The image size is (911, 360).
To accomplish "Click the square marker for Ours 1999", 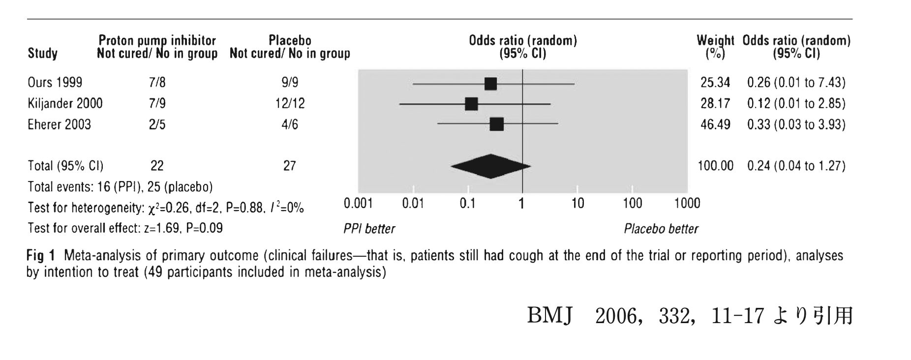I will (490, 84).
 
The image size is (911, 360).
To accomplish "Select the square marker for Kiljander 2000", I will (471, 104).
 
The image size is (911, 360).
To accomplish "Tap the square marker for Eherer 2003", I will (496, 124).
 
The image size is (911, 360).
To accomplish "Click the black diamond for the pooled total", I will (490, 166).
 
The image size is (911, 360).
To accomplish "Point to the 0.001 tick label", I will (358, 203).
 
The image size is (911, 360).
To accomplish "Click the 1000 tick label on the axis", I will (687, 203).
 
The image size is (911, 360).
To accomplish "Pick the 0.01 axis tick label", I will (413, 203).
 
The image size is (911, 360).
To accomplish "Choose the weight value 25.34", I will (715, 83).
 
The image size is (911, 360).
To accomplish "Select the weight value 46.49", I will (715, 124).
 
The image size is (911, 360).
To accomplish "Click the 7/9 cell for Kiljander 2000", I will (157, 103).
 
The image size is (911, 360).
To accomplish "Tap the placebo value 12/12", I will (290, 103).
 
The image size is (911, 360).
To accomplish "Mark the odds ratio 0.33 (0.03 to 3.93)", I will (796, 124).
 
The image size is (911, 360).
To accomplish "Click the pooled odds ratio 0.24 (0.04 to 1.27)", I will (796, 166).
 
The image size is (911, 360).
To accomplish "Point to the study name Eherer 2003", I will (59, 124).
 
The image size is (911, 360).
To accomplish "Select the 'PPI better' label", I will (369, 229).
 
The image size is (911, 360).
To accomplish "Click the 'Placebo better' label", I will (661, 229).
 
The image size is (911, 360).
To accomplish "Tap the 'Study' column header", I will (42, 53).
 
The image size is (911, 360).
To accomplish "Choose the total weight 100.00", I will (715, 166).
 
